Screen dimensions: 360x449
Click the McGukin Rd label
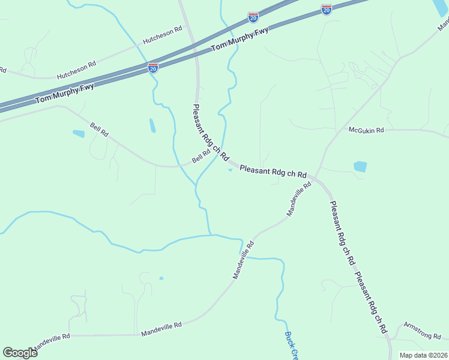pyautogui.click(x=366, y=129)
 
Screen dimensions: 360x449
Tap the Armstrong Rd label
pyautogui.click(x=421, y=330)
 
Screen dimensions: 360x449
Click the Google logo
pyautogui.click(x=20, y=353)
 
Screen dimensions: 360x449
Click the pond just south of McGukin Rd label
pyautogui.click(x=360, y=167)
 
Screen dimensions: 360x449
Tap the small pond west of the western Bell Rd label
pyautogui.click(x=79, y=134)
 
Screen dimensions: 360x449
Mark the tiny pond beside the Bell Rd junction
pyautogui.click(x=231, y=169)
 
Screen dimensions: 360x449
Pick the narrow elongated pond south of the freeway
pyautogui.click(x=152, y=125)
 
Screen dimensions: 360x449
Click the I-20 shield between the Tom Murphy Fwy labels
pyautogui.click(x=153, y=68)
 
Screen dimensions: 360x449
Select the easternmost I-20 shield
pyautogui.click(x=326, y=10)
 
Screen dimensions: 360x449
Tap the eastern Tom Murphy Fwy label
pyautogui.click(x=240, y=41)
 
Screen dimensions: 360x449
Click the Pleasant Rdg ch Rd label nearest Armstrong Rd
pyautogui.click(x=371, y=304)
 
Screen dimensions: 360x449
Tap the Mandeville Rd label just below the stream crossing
pyautogui.click(x=244, y=260)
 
